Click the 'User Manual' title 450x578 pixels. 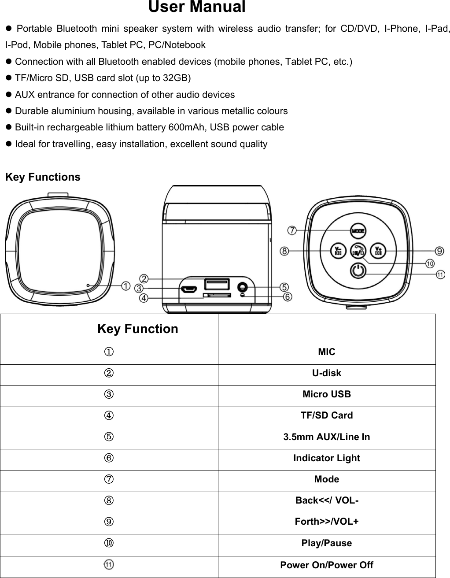click(197, 7)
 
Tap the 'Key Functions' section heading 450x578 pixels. click(43, 177)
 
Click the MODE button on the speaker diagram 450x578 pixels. click(359, 230)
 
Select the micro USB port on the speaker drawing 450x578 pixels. click(188, 290)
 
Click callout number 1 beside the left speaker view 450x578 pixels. click(125, 286)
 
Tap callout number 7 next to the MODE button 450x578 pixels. click(292, 230)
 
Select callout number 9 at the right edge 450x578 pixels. click(439, 251)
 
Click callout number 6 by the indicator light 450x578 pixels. click(287, 297)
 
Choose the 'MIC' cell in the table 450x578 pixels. click(327, 352)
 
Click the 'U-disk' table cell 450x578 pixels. click(327, 373)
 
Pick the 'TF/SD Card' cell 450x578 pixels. click(327, 415)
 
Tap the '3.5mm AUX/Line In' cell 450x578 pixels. click(327, 437)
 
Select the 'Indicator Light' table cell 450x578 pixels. click(327, 458)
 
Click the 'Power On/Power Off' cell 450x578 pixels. click(327, 565)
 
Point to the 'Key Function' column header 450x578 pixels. click(137, 329)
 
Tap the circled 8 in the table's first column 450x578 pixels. click(109, 500)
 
